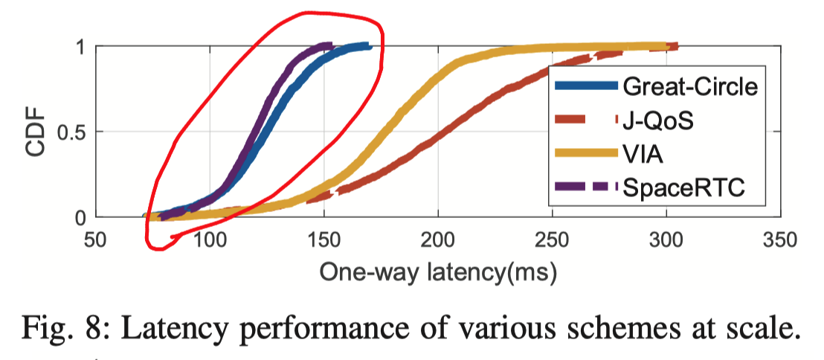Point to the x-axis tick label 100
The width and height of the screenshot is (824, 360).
210,240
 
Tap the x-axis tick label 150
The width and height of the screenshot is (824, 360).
324,240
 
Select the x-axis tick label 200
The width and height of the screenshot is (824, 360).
438,240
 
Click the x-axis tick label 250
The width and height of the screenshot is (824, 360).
552,240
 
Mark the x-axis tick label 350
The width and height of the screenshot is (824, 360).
779,240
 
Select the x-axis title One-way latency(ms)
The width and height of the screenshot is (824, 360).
438,272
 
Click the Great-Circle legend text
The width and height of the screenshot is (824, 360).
690,87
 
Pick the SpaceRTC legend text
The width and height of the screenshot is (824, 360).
683,190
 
